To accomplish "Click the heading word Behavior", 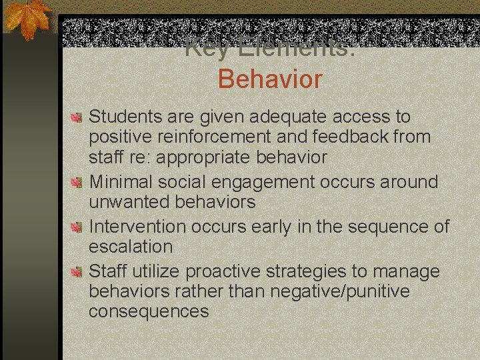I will [269, 79].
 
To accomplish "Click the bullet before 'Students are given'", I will [77, 117].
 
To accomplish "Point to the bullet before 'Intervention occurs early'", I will [77, 228].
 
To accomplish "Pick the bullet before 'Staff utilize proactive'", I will [77, 272].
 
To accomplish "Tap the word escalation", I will [131, 247].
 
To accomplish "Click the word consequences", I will [149, 311].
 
